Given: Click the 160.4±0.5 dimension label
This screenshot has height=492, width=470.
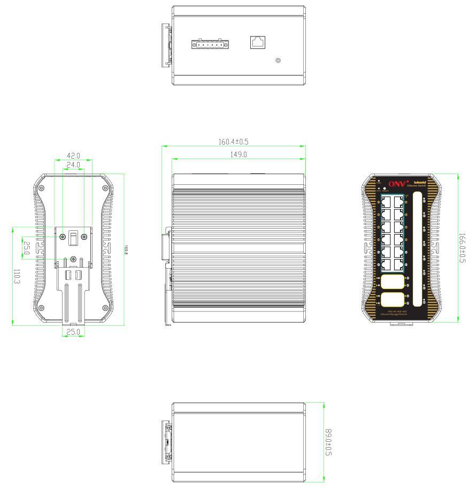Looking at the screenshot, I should coord(234,143).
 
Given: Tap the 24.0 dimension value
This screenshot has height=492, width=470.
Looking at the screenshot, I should coord(72,165).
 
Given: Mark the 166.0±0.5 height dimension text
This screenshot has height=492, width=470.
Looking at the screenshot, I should coord(463,248).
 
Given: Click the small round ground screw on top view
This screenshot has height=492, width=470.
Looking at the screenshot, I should coord(278,60).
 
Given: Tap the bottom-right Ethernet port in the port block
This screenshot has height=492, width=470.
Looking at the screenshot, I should coord(399,264).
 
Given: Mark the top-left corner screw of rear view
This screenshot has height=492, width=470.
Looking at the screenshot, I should coord(42,188).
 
